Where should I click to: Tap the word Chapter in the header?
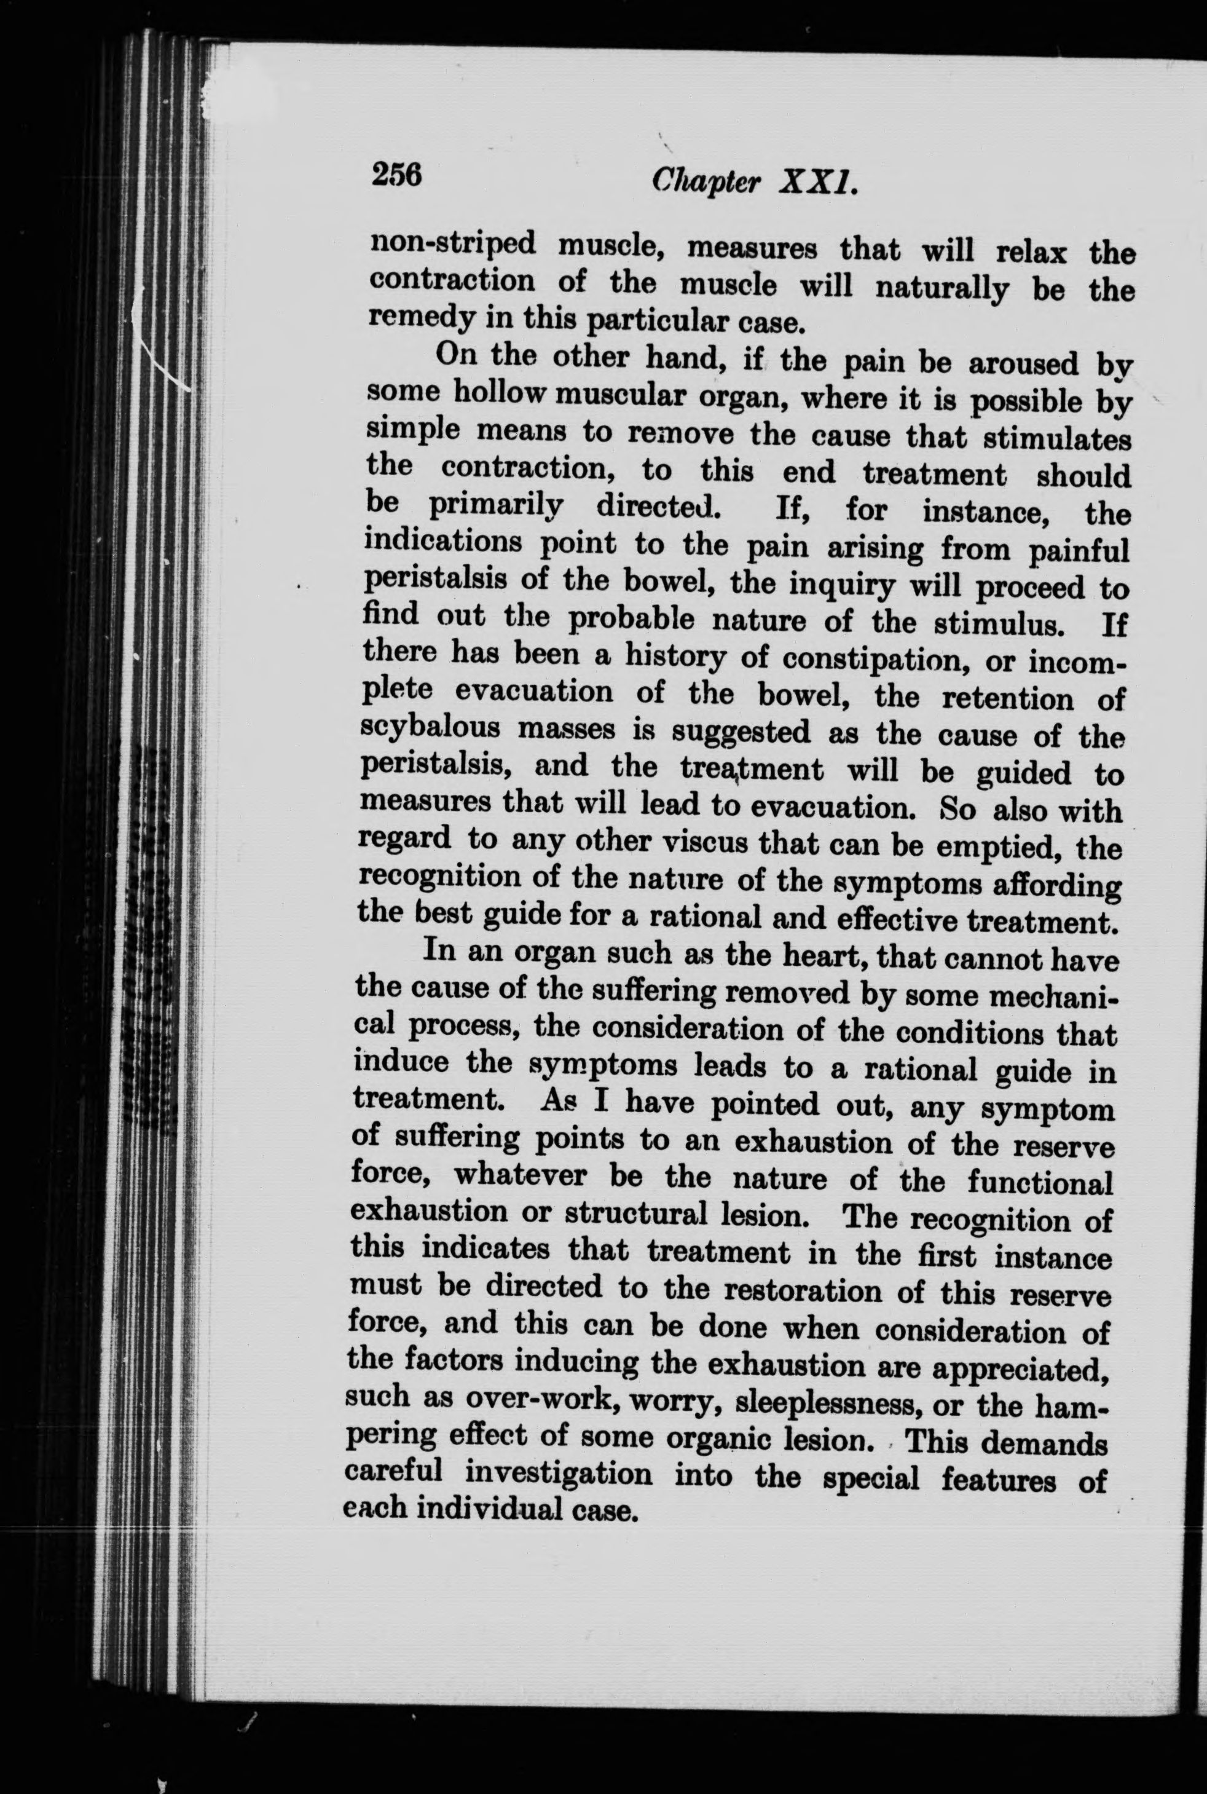(706, 182)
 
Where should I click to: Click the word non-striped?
(452, 244)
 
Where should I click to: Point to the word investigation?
(559, 1474)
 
